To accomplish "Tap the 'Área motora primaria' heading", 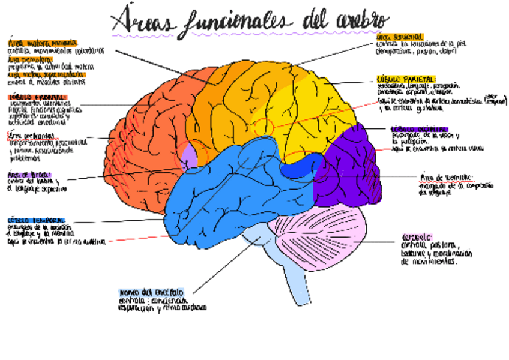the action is pos(43,43).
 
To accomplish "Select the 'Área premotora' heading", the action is pos(30,59).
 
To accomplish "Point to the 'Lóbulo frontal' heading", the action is pos(36,97).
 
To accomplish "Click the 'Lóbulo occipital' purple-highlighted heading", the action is pos(419,128).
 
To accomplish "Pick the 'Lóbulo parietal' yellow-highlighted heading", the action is pos(406,79).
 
